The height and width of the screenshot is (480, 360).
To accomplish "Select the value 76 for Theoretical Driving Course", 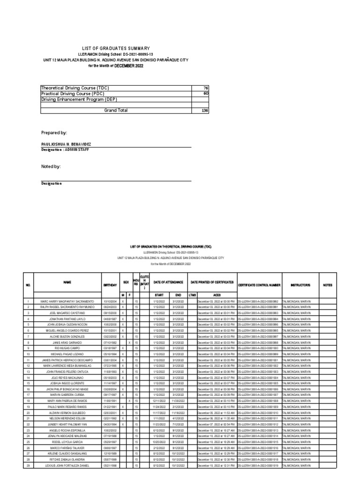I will (x=205, y=88).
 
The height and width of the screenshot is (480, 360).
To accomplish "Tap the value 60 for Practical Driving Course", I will (x=205, y=93).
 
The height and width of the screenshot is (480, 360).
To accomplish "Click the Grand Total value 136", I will (x=204, y=110).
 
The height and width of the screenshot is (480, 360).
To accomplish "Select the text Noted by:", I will (x=51, y=166).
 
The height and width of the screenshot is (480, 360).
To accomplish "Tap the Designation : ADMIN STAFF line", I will (x=63, y=150).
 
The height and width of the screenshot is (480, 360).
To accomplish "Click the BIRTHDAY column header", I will (x=109, y=285).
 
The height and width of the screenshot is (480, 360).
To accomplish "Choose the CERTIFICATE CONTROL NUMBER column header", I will (x=259, y=285).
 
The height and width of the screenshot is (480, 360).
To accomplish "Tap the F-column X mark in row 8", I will (x=129, y=343).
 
